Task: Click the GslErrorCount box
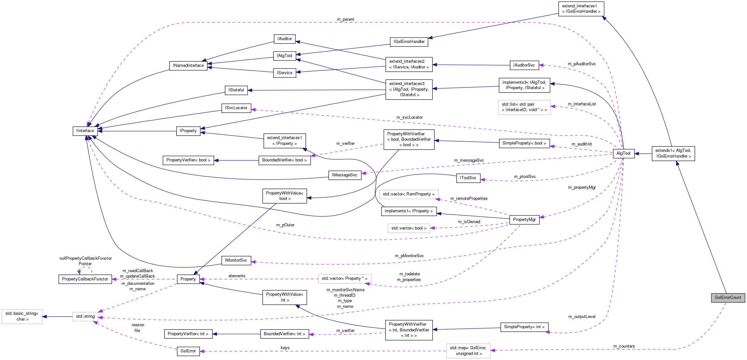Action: point(728,298)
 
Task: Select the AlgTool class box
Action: point(623,153)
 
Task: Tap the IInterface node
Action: point(85,131)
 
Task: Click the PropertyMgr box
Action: point(524,220)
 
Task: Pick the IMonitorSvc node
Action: point(236,260)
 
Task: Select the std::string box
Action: point(85,316)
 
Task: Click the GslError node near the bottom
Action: point(188,351)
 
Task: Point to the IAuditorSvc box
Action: point(524,65)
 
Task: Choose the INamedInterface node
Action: point(188,66)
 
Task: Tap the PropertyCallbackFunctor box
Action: point(85,279)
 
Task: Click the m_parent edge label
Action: point(345,19)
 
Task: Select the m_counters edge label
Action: point(624,346)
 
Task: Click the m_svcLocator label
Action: point(409,117)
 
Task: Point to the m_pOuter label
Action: point(285,225)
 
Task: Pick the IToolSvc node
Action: point(468,178)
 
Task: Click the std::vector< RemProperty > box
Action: point(409,194)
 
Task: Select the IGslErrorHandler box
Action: point(409,42)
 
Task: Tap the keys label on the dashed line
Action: point(285,348)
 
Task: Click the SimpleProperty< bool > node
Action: point(524,143)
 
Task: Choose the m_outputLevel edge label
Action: point(582,317)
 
